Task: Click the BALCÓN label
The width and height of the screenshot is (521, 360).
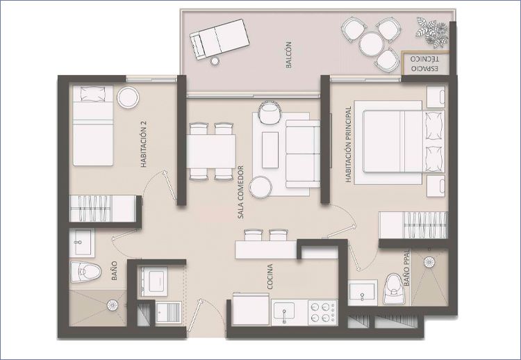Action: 288,55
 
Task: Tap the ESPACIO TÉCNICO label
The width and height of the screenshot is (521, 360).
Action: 424,64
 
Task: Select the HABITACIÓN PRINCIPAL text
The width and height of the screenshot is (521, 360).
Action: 348,145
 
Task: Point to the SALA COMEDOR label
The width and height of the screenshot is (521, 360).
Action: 240,192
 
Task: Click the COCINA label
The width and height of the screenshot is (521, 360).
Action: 270,277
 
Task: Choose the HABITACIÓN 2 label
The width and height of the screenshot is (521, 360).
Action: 144,144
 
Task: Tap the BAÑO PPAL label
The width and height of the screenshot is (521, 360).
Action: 407,268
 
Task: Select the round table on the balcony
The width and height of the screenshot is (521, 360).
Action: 371,44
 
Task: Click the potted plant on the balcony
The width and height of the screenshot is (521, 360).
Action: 432,31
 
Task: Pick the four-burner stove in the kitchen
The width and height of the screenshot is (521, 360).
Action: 322,313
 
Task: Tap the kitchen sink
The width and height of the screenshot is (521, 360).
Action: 283,311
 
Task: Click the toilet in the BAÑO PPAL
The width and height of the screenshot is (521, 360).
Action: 393,288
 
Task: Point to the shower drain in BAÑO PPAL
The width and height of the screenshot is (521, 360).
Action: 429,262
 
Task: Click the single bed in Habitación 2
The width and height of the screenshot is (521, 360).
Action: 93,125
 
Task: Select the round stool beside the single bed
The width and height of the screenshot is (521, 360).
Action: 128,97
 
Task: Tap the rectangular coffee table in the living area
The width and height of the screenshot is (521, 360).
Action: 270,150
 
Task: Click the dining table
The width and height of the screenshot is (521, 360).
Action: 211,152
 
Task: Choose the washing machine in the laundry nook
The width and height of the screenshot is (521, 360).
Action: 154,281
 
